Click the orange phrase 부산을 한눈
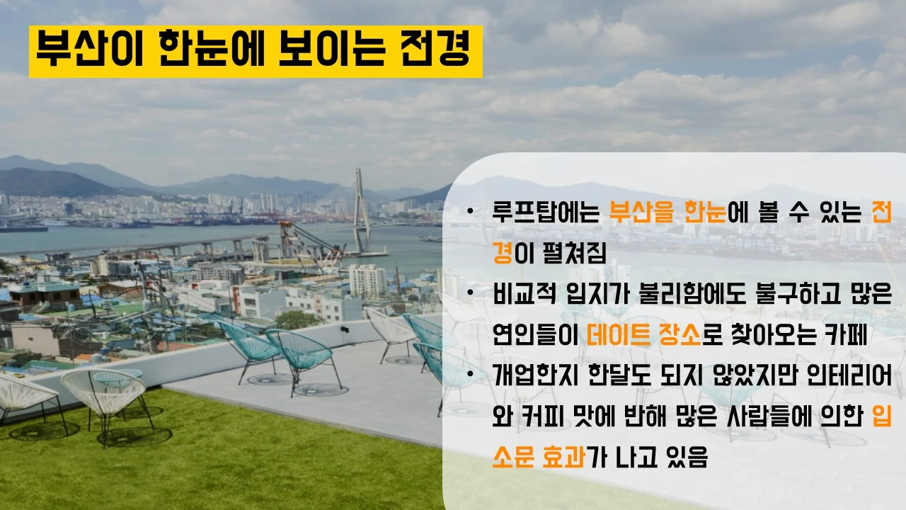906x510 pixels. click(667, 212)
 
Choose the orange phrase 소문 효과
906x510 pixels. click(539, 457)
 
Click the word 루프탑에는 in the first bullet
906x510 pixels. click(546, 212)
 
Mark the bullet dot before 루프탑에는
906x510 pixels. click(470, 212)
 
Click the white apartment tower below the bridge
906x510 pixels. click(367, 280)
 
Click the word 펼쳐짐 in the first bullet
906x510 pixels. click(568, 253)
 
